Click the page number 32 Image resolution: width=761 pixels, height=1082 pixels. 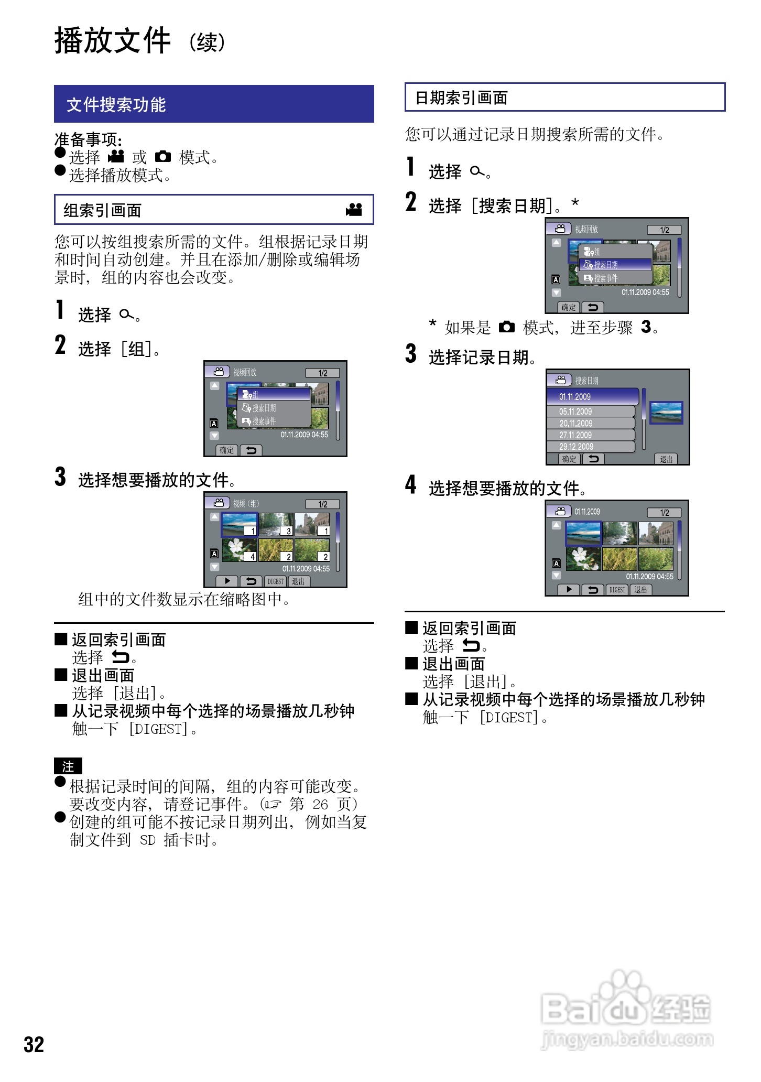coord(34,1044)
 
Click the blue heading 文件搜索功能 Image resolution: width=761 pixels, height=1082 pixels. coord(116,104)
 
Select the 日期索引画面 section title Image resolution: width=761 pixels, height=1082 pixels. coord(461,98)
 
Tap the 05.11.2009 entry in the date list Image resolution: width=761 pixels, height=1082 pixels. coord(591,412)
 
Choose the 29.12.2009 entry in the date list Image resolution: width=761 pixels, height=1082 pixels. coord(591,447)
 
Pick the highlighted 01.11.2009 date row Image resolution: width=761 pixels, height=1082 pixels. coord(593,396)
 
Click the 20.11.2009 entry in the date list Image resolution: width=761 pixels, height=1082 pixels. coord(591,423)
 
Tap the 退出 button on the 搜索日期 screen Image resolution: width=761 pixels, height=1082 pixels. coord(666,459)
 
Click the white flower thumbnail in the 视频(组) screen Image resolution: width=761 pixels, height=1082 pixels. coord(240,550)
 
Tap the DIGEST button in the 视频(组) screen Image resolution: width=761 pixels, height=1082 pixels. coord(276,581)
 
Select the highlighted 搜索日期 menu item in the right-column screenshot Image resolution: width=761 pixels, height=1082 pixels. coord(615,265)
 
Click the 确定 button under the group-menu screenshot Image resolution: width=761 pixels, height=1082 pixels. coord(227,450)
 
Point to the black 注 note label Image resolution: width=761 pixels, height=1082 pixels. coord(68,766)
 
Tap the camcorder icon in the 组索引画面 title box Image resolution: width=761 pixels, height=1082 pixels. coord(354,210)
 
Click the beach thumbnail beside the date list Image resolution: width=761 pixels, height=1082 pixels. coord(666,412)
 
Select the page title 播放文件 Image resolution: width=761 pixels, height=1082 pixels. coord(113,40)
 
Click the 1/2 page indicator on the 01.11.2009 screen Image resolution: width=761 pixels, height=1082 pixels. coord(664,513)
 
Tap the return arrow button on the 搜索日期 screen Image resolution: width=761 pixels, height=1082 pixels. coord(593,459)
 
